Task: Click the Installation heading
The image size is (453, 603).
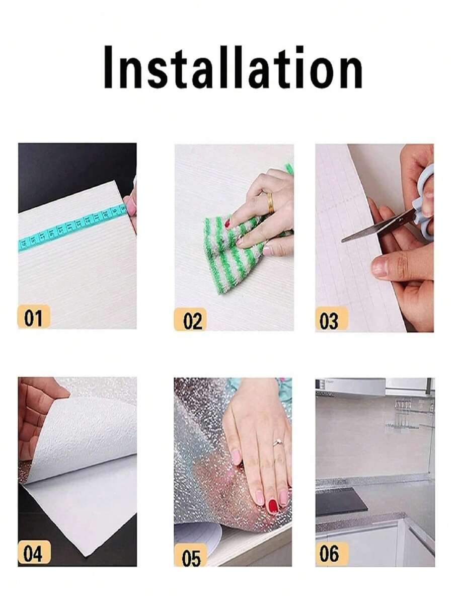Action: click(x=233, y=67)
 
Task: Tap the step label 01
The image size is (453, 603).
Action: click(x=34, y=317)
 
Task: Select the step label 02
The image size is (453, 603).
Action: click(x=190, y=319)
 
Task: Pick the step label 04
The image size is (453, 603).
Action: click(x=34, y=552)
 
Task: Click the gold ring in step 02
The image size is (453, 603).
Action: click(x=270, y=203)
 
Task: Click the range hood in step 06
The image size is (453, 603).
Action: click(x=350, y=387)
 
